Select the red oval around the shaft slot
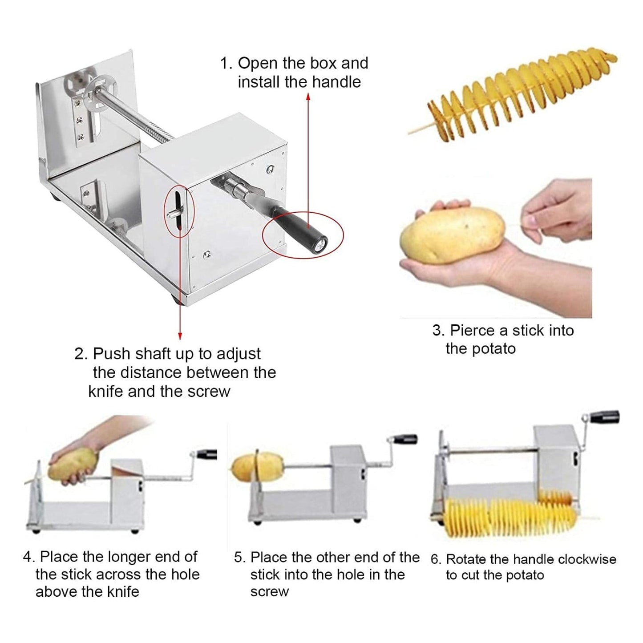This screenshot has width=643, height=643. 179,210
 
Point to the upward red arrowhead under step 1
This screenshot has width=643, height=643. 308,97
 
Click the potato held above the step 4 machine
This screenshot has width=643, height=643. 73,464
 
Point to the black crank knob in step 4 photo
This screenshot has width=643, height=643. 206,454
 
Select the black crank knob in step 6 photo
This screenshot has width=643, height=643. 605,417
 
